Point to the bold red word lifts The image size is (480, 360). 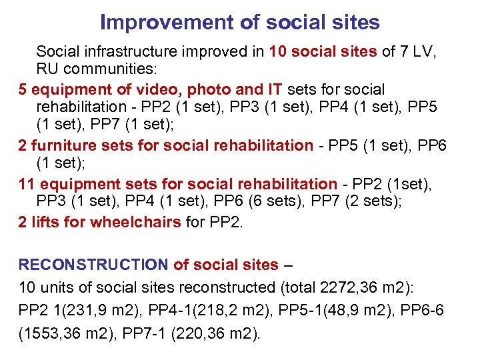[x=45, y=222]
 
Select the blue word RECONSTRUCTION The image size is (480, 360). [x=93, y=265]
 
